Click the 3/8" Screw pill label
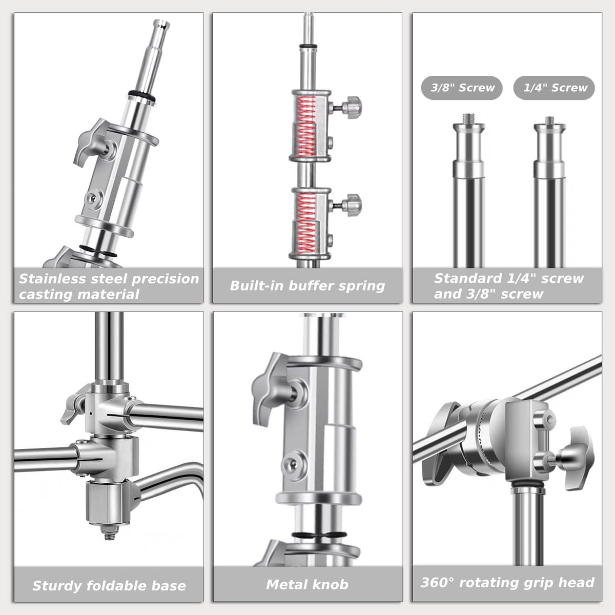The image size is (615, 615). coord(461,88)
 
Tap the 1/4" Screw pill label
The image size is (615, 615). coord(553,88)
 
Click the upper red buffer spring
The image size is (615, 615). coord(306,127)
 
